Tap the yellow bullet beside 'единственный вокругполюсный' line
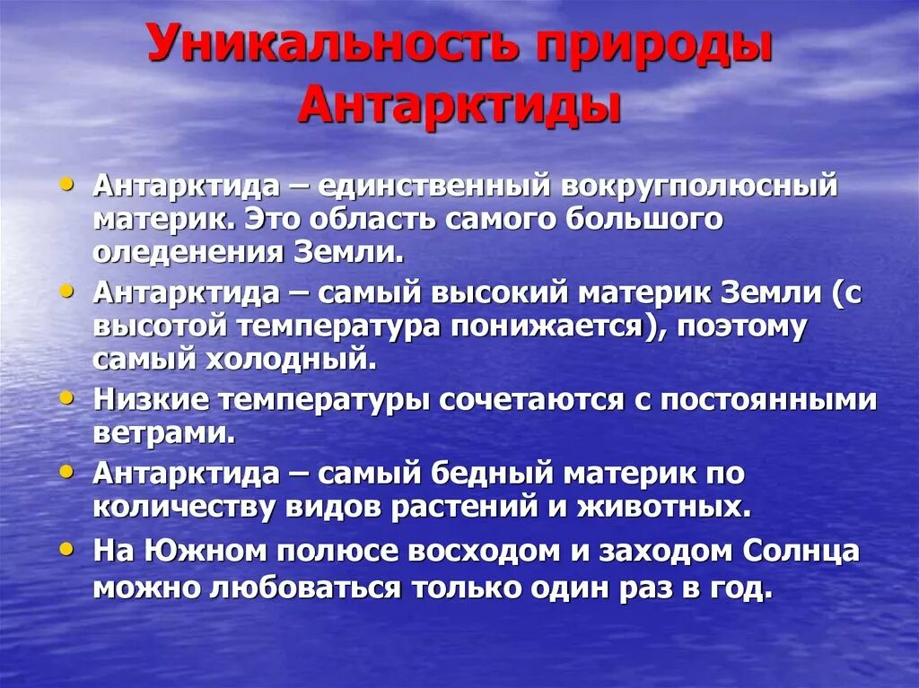click(67, 182)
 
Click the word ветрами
click(162, 432)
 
